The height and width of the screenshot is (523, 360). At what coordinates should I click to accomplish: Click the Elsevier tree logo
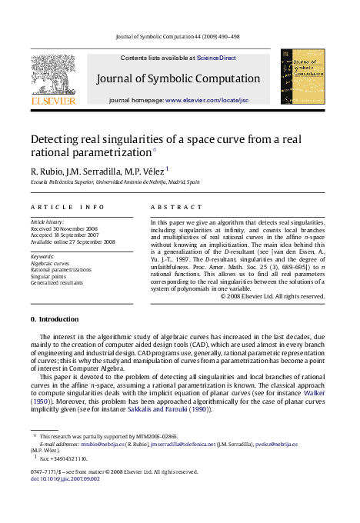point(53,74)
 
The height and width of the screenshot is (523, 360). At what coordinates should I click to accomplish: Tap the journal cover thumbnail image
point(296,77)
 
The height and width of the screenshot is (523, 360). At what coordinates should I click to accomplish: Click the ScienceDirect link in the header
point(216,58)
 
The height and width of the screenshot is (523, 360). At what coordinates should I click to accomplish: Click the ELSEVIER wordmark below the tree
point(53,101)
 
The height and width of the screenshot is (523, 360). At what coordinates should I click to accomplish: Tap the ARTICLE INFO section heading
point(68,208)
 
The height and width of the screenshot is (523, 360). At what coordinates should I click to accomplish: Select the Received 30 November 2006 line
point(64,228)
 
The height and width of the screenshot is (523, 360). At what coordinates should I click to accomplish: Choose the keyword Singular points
point(48,275)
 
